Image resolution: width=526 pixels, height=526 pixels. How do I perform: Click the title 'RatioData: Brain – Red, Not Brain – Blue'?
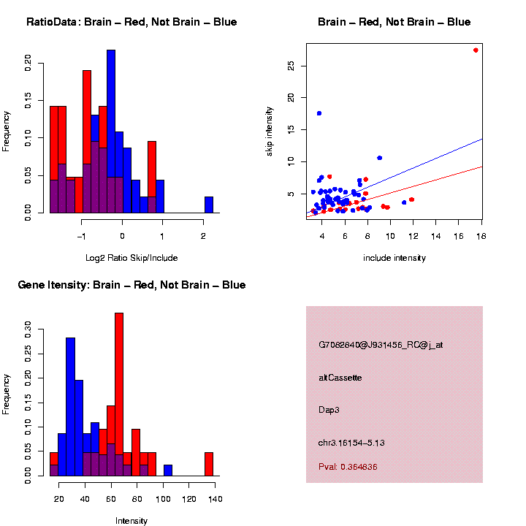pyautogui.click(x=131, y=22)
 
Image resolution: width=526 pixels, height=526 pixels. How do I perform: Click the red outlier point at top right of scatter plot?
pyautogui.click(x=476, y=50)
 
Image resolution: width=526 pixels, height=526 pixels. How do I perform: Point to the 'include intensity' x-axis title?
pyautogui.click(x=394, y=258)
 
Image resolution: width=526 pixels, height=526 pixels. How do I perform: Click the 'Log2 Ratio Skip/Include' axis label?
pyautogui.click(x=131, y=258)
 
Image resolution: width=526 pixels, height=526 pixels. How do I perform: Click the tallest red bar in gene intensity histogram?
pyautogui.click(x=119, y=394)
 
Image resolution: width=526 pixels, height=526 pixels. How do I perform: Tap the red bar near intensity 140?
pyautogui.click(x=209, y=464)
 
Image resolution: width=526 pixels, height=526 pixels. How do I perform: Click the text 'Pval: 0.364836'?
pyautogui.click(x=348, y=467)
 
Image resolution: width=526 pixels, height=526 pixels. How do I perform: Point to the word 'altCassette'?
pyautogui.click(x=340, y=378)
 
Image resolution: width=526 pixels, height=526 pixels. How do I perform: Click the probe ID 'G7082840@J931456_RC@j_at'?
pyautogui.click(x=381, y=345)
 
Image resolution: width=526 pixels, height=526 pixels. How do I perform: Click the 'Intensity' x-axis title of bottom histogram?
pyautogui.click(x=131, y=521)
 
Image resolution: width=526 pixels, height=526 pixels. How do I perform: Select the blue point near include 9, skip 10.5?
pyautogui.click(x=379, y=158)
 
